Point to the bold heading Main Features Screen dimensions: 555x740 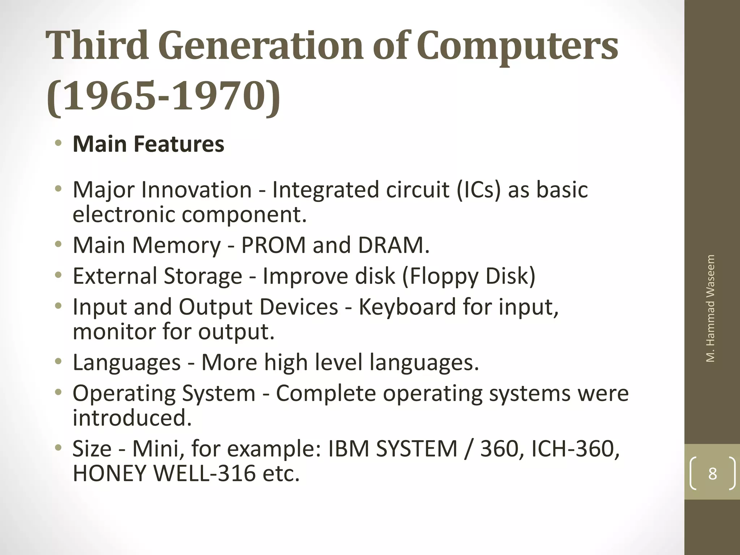(x=148, y=144)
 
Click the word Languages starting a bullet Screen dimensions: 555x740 (x=126, y=362)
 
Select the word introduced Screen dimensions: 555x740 (x=132, y=418)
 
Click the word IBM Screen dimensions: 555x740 (x=349, y=449)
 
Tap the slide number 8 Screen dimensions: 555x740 (x=713, y=473)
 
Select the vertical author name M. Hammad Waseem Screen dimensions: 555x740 (x=710, y=308)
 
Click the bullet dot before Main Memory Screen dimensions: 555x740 (x=58, y=244)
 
